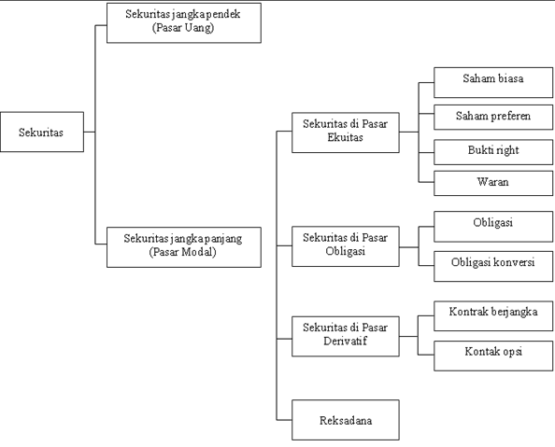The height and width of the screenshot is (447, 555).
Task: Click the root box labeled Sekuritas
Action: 42,132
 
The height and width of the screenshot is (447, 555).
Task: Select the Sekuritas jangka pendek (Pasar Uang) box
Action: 184,23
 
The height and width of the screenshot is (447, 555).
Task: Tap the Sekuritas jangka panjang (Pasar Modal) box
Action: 184,247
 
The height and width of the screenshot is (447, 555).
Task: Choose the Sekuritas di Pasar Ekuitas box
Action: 346,133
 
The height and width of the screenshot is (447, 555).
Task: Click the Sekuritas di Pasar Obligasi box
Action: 346,246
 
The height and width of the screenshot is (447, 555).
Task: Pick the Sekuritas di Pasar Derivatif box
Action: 346,336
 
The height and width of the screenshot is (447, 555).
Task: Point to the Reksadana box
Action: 346,420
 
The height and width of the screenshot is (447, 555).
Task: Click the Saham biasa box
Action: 493,82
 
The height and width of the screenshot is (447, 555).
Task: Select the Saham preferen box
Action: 493,117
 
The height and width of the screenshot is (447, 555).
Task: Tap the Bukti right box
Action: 493,152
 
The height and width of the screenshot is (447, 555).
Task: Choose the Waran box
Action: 493,183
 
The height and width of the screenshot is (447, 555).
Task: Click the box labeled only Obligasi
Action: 493,227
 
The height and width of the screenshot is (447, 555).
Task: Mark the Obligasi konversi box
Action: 493,266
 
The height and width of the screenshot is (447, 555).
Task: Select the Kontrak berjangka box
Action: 493,316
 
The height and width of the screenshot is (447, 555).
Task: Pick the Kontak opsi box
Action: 493,356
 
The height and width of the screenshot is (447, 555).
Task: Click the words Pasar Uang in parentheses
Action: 183,28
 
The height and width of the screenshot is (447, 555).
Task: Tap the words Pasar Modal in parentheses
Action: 182,252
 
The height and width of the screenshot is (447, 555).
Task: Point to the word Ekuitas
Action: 345,137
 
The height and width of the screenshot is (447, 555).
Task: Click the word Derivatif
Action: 345,341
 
